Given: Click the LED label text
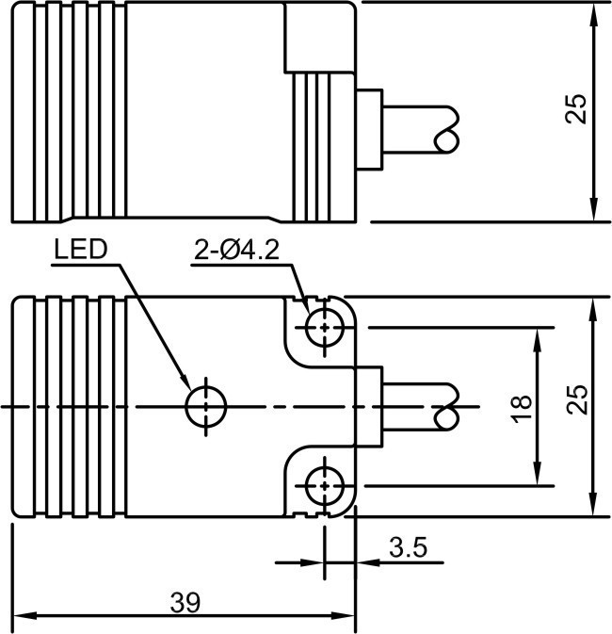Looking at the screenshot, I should pyautogui.click(x=81, y=250).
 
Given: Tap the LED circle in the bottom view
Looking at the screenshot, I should pyautogui.click(x=206, y=407).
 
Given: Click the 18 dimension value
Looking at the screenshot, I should pyautogui.click(x=523, y=407).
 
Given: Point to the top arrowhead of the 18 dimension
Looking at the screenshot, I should pyautogui.click(x=537, y=337).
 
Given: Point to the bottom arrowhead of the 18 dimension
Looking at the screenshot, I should pyautogui.click(x=537, y=478).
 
